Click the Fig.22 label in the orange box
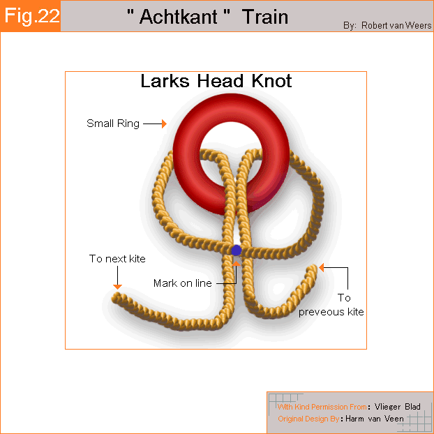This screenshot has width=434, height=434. pyautogui.click(x=32, y=16)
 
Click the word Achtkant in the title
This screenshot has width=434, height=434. pyautogui.click(x=178, y=17)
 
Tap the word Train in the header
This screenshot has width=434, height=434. pyautogui.click(x=265, y=17)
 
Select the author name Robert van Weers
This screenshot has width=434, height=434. pyautogui.click(x=396, y=25)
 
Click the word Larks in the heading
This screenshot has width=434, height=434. pyautogui.click(x=165, y=81)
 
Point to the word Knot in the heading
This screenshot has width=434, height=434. pyautogui.click(x=271, y=81)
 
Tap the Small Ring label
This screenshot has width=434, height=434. pyautogui.click(x=113, y=124)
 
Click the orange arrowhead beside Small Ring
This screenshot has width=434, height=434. pyautogui.click(x=164, y=124)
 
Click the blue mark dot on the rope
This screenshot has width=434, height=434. pyautogui.click(x=236, y=250)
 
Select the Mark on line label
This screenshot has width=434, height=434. pyautogui.click(x=183, y=283)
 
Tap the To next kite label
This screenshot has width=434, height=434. pyautogui.click(x=117, y=259)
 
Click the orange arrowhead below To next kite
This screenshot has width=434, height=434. pyautogui.click(x=117, y=287)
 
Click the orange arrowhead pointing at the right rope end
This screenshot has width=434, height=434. pyautogui.click(x=322, y=267)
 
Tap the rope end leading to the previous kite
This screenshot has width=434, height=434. pyautogui.click(x=314, y=269)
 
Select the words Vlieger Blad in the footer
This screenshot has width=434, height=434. pyautogui.click(x=398, y=407)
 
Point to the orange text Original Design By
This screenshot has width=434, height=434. pyautogui.click(x=308, y=419)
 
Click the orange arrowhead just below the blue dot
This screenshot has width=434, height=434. pyautogui.click(x=236, y=264)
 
